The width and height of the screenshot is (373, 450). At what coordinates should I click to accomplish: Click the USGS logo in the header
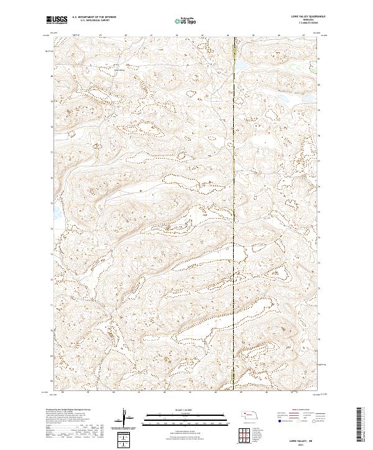point(57,20)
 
